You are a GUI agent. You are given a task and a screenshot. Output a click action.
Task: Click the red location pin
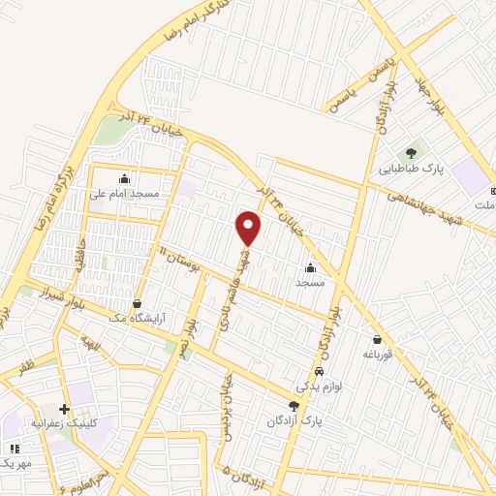249,228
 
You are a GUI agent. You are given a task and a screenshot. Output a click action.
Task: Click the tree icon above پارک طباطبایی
411,151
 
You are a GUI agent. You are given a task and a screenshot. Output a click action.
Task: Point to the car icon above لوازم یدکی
320,372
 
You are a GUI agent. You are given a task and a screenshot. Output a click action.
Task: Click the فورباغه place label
376,355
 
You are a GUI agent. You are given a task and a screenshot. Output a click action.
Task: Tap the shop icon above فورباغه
376,338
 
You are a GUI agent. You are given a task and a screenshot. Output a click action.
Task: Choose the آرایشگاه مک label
142,318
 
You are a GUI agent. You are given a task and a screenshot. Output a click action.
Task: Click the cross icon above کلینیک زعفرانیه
65,409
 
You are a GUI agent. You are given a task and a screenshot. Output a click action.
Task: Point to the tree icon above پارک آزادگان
294,406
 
